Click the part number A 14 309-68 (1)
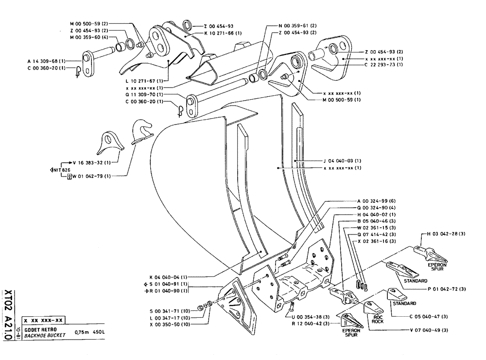47,61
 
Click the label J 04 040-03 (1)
343,160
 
